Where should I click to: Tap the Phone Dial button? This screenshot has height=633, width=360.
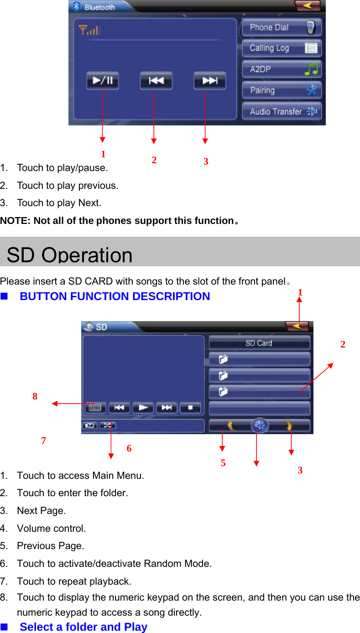tap(281, 27)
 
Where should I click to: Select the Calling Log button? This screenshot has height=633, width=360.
tap(281, 48)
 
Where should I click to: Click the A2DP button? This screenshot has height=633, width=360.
tap(281, 69)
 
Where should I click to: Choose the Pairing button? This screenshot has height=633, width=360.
tap(281, 90)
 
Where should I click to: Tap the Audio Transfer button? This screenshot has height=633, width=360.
tap(281, 111)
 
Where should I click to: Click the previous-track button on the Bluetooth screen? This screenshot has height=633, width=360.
tap(156, 81)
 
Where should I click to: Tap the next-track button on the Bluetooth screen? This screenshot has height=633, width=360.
tap(209, 81)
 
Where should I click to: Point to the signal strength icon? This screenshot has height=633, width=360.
tap(88, 30)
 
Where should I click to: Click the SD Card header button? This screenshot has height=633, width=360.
tap(259, 343)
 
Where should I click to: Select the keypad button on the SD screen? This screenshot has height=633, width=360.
tap(95, 408)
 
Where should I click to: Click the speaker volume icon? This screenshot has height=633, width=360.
tap(259, 426)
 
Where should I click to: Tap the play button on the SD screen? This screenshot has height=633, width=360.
tap(143, 408)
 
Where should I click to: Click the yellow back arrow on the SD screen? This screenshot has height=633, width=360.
tap(297, 327)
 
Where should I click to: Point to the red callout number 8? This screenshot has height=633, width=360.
tap(35, 397)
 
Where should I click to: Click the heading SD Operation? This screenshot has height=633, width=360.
tap(69, 254)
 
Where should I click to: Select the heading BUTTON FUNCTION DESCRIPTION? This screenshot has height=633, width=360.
tap(115, 296)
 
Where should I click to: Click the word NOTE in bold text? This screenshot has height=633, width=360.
tap(14, 221)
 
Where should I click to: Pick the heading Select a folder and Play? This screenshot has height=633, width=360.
tap(83, 627)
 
